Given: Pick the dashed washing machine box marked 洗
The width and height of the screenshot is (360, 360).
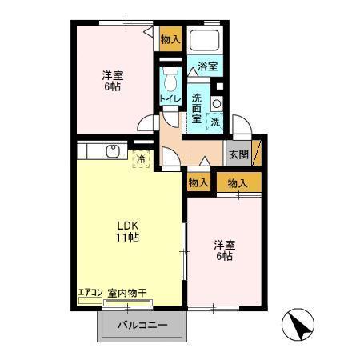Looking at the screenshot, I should click(214, 121).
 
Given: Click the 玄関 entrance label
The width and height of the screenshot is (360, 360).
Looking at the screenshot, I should click(238, 154).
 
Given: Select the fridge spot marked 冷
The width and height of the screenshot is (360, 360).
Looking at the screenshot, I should click(141, 158).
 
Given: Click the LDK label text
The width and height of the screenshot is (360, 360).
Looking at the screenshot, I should click(127, 225).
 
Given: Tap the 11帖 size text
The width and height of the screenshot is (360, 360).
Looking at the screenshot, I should click(127, 238).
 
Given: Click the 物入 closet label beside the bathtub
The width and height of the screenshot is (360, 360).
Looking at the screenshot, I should click(170, 38).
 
